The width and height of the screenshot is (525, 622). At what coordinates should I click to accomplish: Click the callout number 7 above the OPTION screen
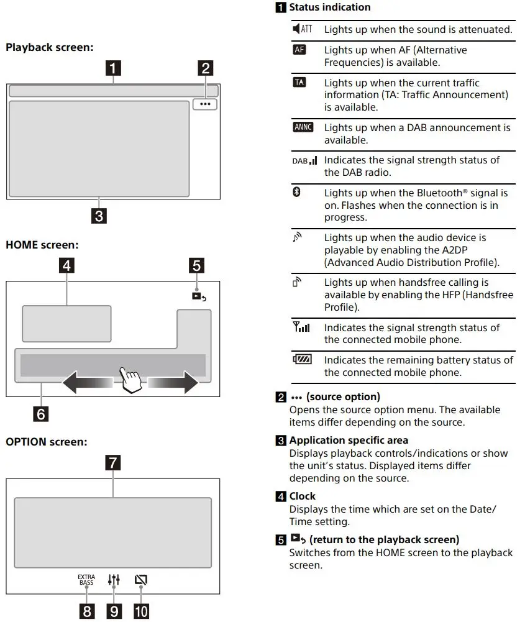(113, 463)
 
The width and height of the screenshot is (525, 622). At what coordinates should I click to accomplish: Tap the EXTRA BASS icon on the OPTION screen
(86, 580)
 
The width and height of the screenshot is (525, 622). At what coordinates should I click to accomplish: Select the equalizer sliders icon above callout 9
(114, 580)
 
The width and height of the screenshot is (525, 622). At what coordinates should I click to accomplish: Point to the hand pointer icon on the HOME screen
(130, 378)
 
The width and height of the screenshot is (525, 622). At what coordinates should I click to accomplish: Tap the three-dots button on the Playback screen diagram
(205, 104)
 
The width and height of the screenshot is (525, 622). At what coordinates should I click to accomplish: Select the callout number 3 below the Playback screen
(98, 217)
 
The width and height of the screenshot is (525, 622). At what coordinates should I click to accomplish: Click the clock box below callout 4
(66, 323)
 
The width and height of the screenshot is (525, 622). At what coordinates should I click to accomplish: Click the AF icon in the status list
(299, 50)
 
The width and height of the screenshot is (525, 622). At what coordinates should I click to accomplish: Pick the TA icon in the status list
(299, 83)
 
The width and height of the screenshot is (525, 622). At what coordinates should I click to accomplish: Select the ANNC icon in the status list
(303, 127)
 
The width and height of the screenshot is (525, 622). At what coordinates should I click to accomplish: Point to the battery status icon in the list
(303, 359)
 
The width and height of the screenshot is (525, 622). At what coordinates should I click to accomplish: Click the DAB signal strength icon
(304, 160)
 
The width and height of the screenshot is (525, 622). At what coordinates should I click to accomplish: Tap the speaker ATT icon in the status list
(302, 29)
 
